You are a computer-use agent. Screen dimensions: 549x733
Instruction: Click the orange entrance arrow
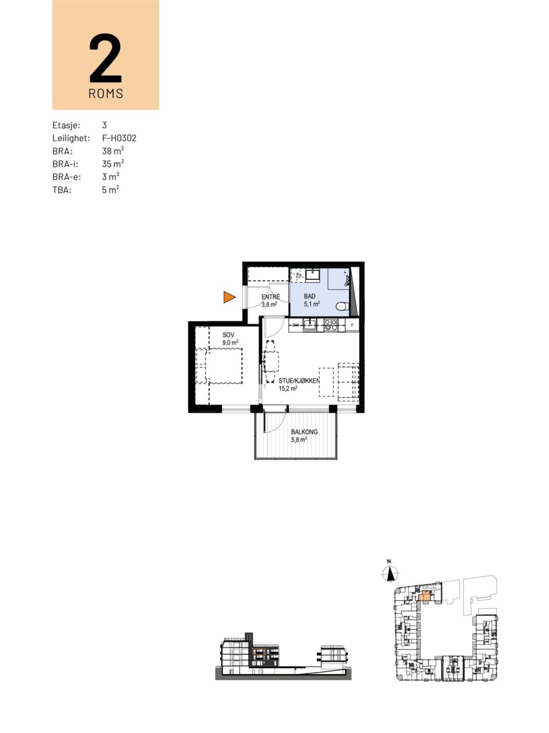tap(229, 297)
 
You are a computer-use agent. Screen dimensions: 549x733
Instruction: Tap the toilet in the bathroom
tap(342, 306)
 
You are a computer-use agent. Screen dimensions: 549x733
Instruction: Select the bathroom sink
tap(313, 275)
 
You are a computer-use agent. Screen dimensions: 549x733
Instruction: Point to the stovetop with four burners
tap(331, 325)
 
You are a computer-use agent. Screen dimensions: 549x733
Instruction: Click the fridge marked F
tap(352, 325)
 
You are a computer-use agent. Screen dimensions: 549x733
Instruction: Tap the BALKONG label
tap(304, 432)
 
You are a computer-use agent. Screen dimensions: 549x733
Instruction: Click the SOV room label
tap(228, 335)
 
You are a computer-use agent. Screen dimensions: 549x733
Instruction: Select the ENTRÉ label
tap(270, 297)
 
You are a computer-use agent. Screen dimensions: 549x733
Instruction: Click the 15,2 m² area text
tap(288, 388)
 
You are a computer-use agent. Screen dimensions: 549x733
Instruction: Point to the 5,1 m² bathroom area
tap(312, 304)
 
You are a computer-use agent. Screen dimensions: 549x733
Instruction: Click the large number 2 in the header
tap(105, 58)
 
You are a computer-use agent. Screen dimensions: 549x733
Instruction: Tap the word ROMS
tap(106, 93)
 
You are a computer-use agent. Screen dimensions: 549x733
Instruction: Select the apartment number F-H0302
tap(119, 138)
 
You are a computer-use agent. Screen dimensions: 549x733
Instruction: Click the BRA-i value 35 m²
tap(113, 164)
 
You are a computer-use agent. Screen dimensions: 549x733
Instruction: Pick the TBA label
tap(62, 190)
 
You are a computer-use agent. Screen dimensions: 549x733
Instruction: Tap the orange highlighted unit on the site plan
tap(425, 596)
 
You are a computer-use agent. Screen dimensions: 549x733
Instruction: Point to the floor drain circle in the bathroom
tap(299, 275)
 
